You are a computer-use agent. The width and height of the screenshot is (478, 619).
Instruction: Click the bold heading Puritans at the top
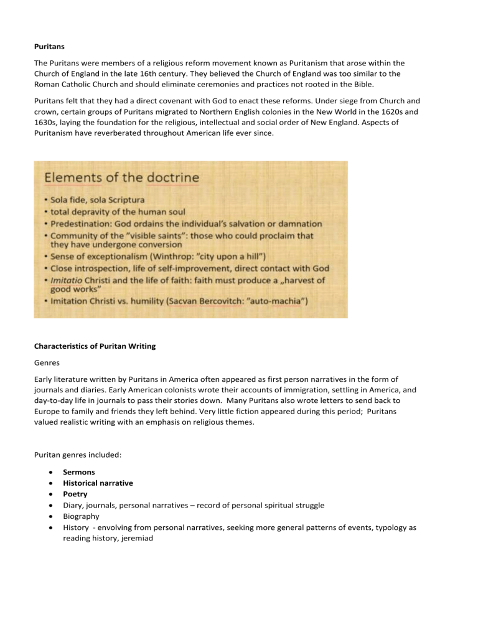49,45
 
